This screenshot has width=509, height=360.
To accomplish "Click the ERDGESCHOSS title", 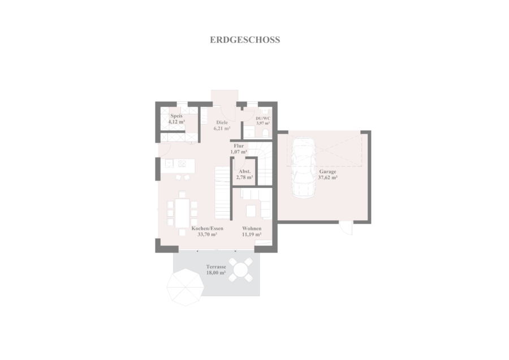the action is pos(245,40).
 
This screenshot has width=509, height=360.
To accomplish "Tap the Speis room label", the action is pos(176,116).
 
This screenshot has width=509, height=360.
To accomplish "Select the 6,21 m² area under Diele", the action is pos(222,128).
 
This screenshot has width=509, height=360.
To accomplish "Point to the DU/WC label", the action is pos(263,118).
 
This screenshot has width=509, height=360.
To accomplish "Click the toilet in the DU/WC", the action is pos(266,132).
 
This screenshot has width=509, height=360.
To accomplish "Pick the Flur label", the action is pos(239,146).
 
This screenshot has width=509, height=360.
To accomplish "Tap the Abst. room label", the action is pos(244,172).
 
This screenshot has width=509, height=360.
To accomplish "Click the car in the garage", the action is pos(304,168).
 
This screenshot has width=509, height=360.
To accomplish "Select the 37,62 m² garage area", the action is pos(327,177).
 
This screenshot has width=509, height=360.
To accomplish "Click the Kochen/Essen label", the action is pos(207,229).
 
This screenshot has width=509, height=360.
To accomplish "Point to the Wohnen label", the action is pos(252,229).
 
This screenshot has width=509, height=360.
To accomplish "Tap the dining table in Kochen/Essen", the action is pos(182,213).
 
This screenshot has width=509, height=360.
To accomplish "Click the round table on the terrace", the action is pos(240,269).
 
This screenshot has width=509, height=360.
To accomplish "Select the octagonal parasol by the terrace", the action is pos(186,287).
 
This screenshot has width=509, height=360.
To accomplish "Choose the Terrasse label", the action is pos(216,267).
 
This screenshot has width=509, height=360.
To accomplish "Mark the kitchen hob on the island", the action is pos(182,163).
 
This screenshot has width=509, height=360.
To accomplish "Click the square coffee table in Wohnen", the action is pos(251,211).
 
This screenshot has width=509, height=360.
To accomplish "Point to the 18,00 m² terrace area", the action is pos(216,273).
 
